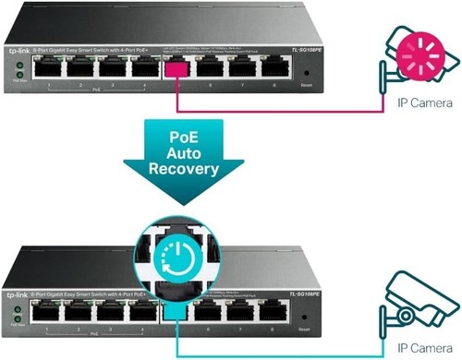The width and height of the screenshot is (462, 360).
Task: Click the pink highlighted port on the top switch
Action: click(175, 66)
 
